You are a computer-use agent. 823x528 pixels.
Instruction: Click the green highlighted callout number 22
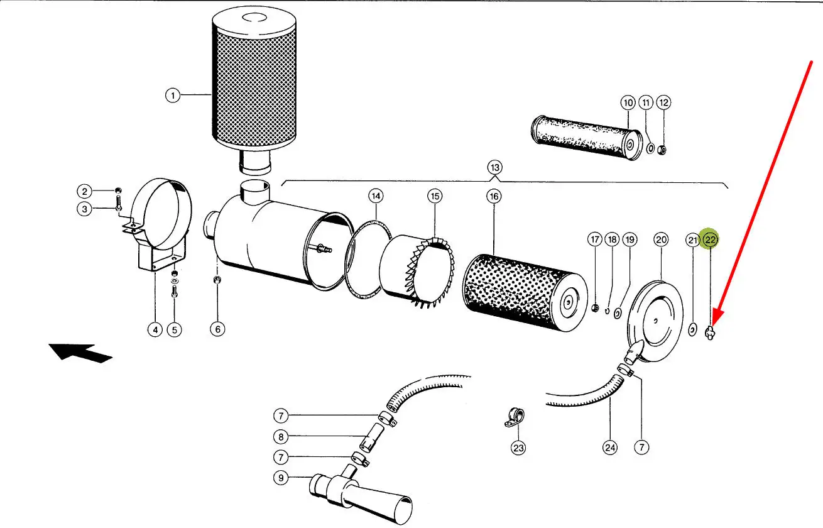[x=710, y=239]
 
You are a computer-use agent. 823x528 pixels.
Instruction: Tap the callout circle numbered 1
[x=173, y=96]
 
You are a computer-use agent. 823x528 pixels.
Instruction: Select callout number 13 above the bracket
[x=495, y=168]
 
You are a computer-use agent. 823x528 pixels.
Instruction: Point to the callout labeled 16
[x=494, y=196]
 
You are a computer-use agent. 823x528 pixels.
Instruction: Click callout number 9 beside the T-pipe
[x=281, y=478]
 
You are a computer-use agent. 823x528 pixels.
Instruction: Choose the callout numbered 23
[x=518, y=448]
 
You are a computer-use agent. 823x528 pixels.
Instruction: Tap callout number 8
[x=281, y=437]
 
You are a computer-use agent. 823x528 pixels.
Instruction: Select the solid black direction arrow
[x=80, y=353]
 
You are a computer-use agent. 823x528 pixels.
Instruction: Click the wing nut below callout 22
[x=710, y=333]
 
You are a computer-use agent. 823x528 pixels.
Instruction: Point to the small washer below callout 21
[x=692, y=329]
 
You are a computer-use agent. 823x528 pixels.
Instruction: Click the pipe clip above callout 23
[x=515, y=418]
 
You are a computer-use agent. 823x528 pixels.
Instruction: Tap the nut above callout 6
[x=217, y=280]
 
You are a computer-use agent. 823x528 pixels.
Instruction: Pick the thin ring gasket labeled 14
[x=368, y=260]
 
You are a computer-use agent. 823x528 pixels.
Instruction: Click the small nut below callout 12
[x=662, y=150]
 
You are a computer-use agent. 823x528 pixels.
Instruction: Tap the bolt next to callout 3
[x=118, y=203]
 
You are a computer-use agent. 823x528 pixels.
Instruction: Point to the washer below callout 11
[x=650, y=148]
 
